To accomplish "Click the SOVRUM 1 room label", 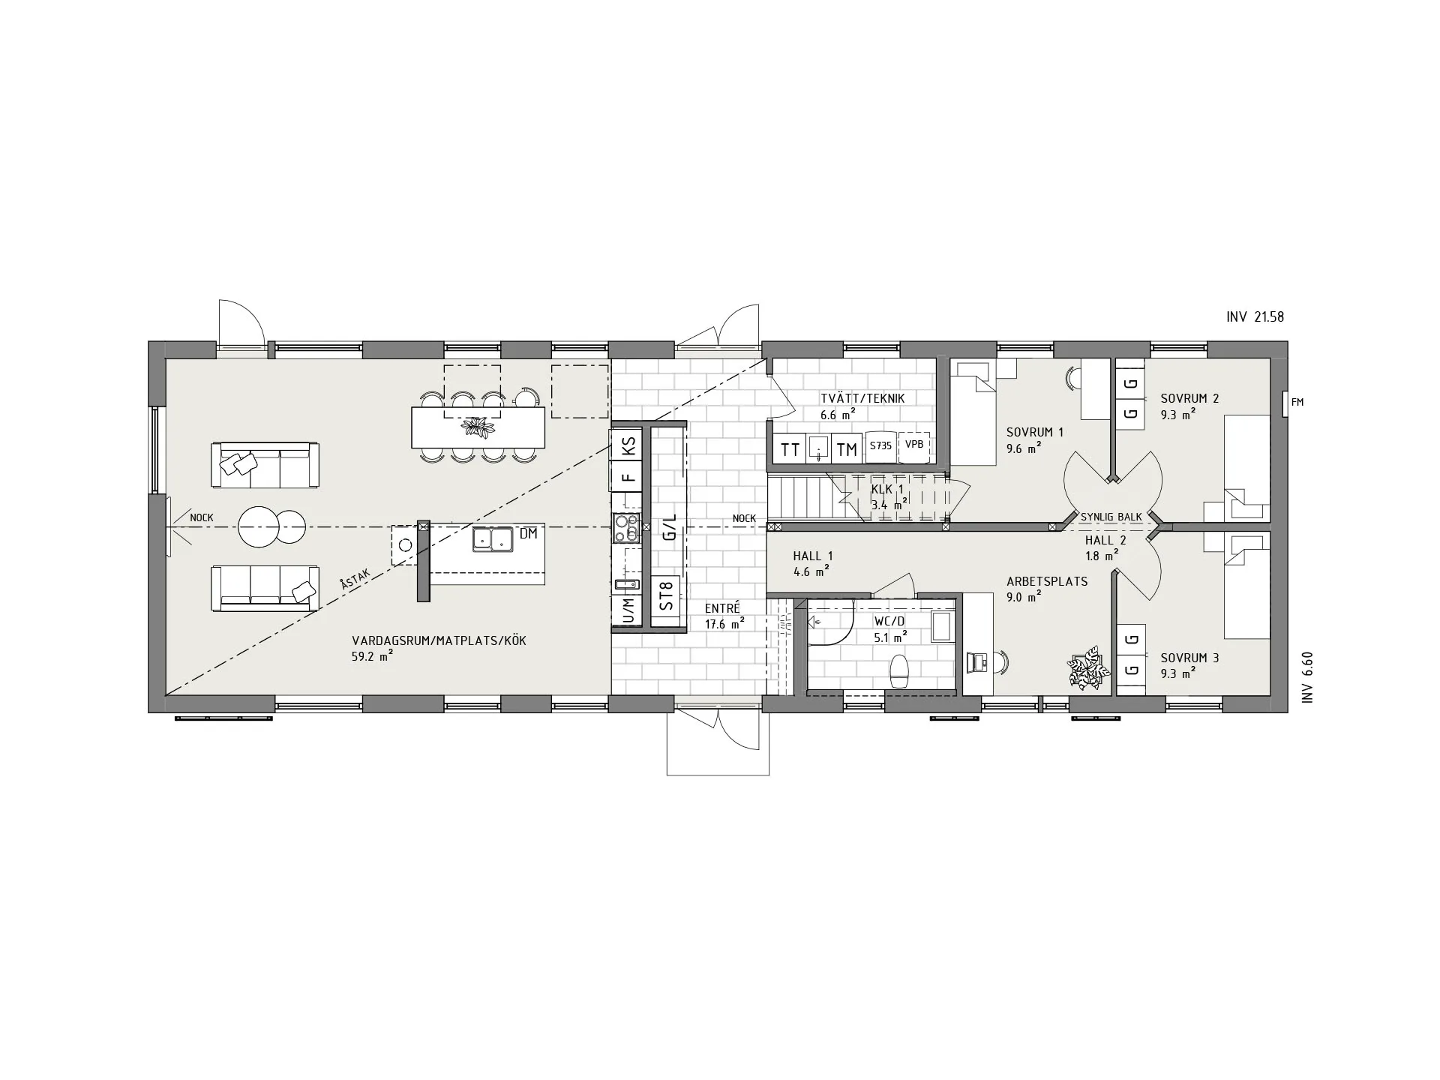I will [x=1035, y=433].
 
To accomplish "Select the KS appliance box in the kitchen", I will [x=628, y=445].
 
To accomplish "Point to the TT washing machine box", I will [x=790, y=449].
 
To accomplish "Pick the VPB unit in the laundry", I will [x=914, y=445].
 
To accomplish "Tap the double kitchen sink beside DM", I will [x=493, y=539].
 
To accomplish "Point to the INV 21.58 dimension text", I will [x=1255, y=317].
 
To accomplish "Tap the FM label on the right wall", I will [x=1297, y=403].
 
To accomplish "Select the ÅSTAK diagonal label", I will [x=353, y=582].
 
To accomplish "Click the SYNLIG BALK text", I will [x=1111, y=517].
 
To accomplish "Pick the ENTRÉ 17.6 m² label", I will [x=723, y=616].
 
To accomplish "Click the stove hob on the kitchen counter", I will [x=626, y=528].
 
